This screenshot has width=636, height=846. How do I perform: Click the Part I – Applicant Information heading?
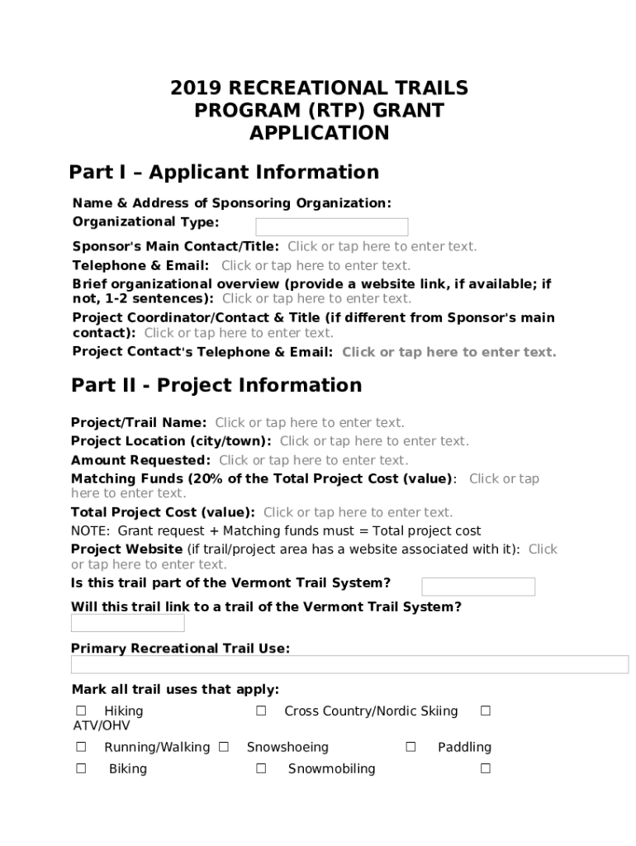[x=224, y=172]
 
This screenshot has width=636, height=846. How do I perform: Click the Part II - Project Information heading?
[x=216, y=385]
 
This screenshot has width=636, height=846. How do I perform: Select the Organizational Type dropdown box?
[x=331, y=227]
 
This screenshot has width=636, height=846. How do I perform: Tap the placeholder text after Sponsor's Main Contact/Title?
[x=382, y=246]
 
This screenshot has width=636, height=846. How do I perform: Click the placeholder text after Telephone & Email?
[x=316, y=265]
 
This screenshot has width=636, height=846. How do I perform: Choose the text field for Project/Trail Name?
[x=310, y=423]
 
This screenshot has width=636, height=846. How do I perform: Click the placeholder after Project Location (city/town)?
[x=374, y=441]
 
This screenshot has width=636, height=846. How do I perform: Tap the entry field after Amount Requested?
[x=313, y=460]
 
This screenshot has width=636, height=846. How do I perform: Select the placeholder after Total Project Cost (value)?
[x=358, y=512]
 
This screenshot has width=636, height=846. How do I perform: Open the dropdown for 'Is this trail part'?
[x=478, y=587]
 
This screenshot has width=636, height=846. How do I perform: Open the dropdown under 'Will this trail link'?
[x=127, y=623]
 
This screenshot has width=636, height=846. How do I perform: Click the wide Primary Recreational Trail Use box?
[x=349, y=665]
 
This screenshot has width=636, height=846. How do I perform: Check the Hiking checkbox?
[x=81, y=711]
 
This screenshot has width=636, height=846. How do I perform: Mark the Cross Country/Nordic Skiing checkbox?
[x=261, y=711]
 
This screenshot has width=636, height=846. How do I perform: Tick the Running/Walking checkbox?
[x=81, y=747]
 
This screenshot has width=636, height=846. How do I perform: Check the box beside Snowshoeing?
[x=224, y=747]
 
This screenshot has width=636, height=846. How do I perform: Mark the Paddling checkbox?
[x=411, y=747]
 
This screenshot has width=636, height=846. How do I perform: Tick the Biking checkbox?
[x=81, y=768]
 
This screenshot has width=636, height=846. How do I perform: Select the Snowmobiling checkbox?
[x=261, y=768]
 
